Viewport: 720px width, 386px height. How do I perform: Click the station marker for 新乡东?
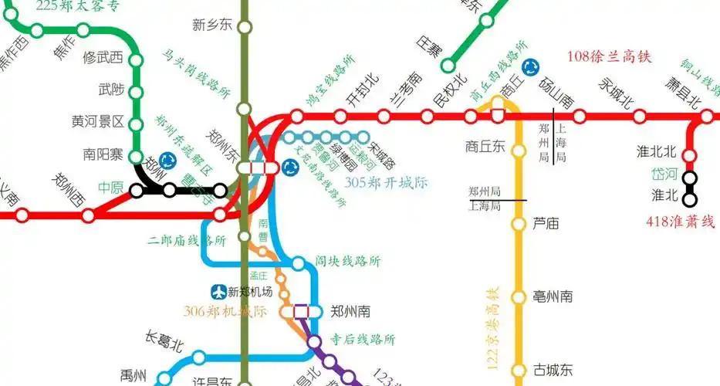(x=245, y=28)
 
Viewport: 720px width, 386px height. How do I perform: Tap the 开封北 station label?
(x=362, y=90)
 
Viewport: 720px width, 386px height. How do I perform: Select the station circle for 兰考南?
(x=384, y=117)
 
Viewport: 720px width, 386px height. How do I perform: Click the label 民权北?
(x=450, y=90)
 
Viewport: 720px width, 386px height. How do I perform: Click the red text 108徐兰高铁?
(x=610, y=56)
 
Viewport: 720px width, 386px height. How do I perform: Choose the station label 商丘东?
(x=485, y=146)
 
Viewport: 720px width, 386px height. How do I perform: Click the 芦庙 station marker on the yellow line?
(x=519, y=225)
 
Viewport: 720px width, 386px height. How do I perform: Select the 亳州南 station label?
(x=553, y=296)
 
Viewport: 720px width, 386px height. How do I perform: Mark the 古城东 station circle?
(x=519, y=370)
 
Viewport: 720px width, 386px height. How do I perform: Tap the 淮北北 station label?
(x=656, y=151)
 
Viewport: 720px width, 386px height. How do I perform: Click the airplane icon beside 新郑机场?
(x=219, y=292)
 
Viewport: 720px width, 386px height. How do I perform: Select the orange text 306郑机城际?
(x=225, y=312)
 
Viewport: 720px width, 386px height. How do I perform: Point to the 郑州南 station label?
(x=350, y=312)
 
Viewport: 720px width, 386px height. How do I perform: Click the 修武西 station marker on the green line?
(x=136, y=58)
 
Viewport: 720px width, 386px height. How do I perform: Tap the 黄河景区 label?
(x=98, y=122)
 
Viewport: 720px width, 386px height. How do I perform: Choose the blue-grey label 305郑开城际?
(x=386, y=183)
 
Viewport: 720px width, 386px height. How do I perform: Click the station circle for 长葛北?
(x=198, y=357)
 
